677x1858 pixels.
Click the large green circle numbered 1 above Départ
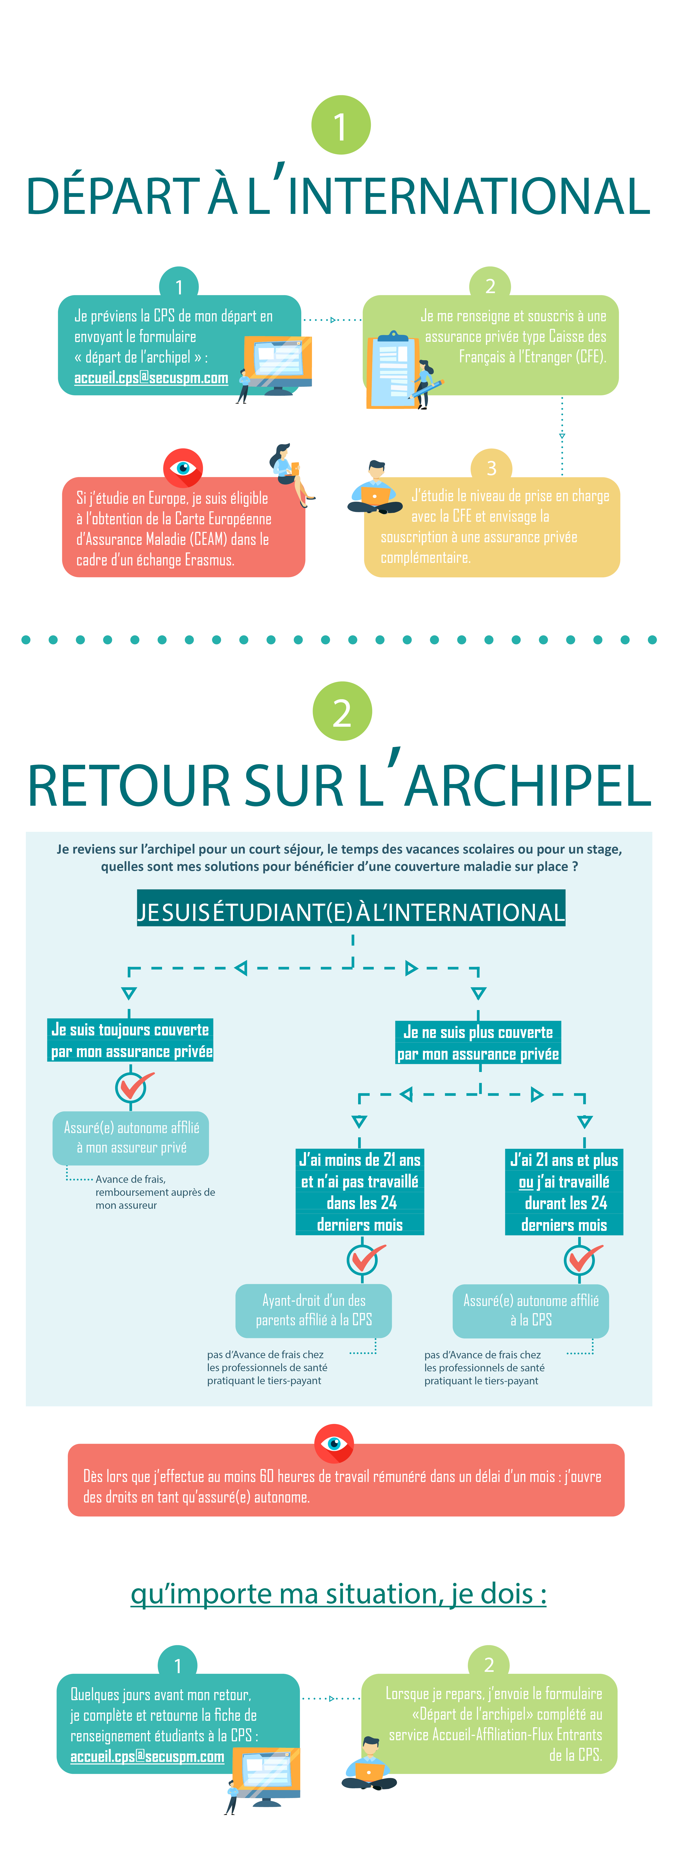(341, 125)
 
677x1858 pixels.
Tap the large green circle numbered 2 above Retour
(342, 711)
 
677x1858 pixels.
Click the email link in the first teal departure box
(151, 378)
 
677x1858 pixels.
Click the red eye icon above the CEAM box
(183, 468)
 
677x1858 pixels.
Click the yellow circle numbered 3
(492, 468)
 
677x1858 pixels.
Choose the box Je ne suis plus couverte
(479, 1043)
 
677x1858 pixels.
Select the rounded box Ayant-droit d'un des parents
(314, 1311)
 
